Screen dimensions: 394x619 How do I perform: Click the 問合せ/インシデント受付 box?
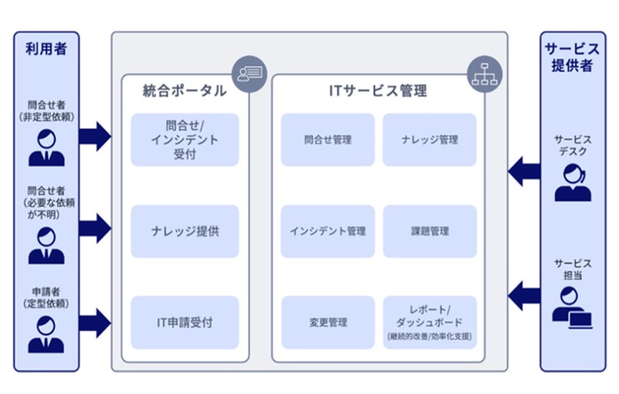185,140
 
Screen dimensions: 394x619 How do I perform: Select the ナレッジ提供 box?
185,231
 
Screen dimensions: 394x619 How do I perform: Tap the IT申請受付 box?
185,322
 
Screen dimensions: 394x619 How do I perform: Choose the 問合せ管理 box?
328,140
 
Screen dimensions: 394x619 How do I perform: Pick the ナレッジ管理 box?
429,140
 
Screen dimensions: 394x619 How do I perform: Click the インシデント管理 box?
328,231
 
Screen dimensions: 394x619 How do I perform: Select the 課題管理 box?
429,231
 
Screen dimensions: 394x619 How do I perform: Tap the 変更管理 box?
328,322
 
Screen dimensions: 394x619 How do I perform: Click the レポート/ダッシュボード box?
429,322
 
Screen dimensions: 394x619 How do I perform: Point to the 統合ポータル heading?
184,91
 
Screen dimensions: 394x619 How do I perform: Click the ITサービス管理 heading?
377,91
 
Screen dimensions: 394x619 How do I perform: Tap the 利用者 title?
46,49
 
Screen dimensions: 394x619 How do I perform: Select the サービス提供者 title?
573,57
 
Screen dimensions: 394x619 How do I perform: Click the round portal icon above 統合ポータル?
250,73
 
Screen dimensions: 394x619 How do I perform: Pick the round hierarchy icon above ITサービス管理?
485,73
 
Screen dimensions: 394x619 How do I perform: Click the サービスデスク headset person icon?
573,182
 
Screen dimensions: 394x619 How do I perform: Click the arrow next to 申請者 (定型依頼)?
95,322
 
